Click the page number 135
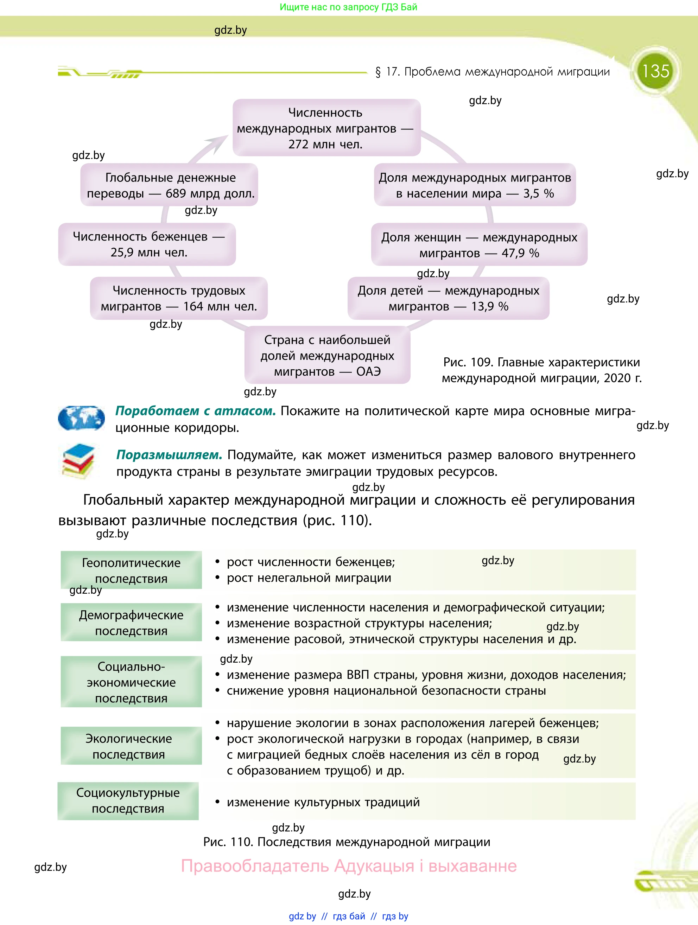coord(655,71)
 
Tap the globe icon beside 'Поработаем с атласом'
coord(81,418)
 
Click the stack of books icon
coord(78,462)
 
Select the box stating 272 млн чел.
coord(326,128)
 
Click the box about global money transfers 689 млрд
coord(169,185)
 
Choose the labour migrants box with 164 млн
coord(179,298)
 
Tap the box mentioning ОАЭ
coord(327,356)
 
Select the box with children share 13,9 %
coord(448,298)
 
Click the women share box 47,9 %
coord(479,245)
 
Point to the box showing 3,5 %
coord(475,185)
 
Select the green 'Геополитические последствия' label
coord(131,570)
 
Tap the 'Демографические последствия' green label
coord(131,622)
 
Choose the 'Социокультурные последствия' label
coord(128,800)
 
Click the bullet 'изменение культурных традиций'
coord(323,802)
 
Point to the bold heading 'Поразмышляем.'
coord(169,454)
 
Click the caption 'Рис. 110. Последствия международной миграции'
coord(346,842)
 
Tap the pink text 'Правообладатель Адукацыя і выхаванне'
coord(348,866)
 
